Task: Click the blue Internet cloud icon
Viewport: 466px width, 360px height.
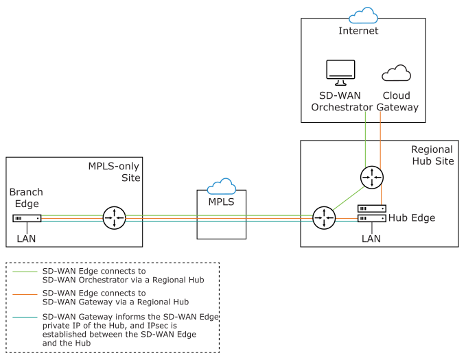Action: [x=362, y=16]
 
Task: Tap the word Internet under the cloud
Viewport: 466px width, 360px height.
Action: [x=358, y=31]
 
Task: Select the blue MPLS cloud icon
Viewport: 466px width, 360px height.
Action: [x=222, y=187]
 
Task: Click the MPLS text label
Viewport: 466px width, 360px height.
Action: [x=222, y=202]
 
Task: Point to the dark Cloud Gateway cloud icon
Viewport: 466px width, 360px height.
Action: [x=397, y=73]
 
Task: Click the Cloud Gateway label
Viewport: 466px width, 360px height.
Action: [x=399, y=101]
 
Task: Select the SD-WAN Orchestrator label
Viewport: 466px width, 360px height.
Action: [x=341, y=101]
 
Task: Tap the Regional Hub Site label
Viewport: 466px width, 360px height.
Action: [x=432, y=155]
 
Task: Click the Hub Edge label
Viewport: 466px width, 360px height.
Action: [x=411, y=218]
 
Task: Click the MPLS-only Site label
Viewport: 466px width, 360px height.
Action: [x=114, y=172]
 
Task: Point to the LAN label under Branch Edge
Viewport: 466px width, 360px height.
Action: [x=26, y=239]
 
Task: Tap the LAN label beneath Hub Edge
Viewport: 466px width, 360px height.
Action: [x=371, y=239]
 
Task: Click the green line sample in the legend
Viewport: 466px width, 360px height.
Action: [x=25, y=272]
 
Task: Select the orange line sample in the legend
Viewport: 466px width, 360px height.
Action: [x=25, y=293]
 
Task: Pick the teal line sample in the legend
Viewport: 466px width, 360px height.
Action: [x=25, y=317]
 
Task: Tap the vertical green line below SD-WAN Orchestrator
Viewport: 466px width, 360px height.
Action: [x=365, y=137]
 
